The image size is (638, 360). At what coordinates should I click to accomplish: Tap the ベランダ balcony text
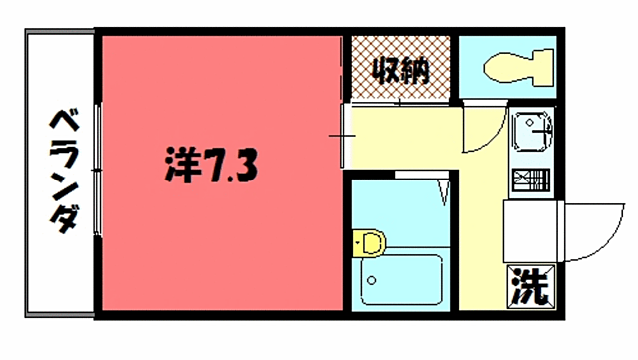[x=63, y=172]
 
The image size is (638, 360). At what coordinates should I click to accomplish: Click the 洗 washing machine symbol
[x=530, y=288]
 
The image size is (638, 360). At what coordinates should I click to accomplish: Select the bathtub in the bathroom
[x=400, y=278]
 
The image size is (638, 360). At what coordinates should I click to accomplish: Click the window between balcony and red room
[x=97, y=170]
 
